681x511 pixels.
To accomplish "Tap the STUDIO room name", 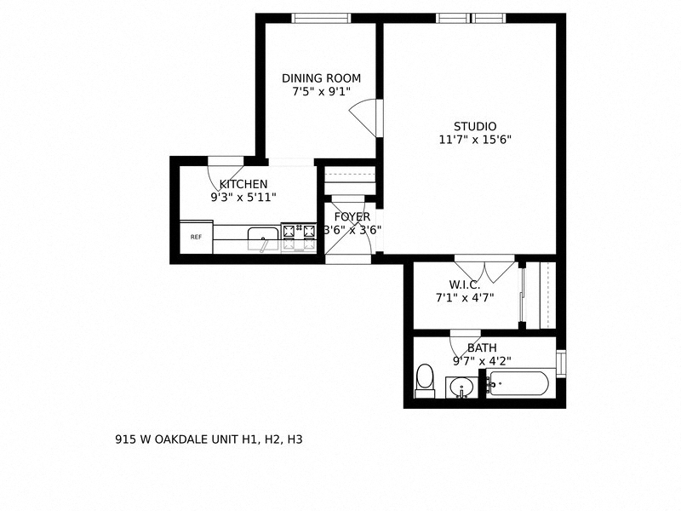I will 474,127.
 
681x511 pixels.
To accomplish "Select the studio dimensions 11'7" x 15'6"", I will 474,140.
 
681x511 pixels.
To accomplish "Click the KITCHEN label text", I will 243,184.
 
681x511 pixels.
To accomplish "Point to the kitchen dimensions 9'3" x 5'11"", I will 243,197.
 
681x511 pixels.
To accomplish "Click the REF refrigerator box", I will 196,238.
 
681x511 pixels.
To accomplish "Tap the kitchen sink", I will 262,237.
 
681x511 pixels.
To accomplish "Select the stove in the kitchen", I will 298,237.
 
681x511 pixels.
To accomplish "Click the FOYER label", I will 352,217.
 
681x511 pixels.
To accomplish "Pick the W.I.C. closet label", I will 465,284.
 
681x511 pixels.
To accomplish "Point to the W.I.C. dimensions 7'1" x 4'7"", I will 465,297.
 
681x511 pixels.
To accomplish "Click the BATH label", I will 482,347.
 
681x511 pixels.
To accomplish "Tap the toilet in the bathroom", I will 424,381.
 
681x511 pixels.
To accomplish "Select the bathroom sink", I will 461,388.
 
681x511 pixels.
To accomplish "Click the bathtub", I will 518,383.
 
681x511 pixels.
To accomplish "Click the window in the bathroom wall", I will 560,360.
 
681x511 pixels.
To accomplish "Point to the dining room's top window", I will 321,18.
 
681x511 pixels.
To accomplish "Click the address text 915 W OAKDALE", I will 209,440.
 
